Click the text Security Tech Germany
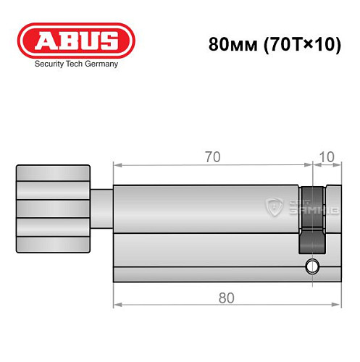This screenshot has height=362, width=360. [x=76, y=64]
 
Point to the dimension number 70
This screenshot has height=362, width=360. [x=211, y=156]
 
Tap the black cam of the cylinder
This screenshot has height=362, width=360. [x=311, y=217]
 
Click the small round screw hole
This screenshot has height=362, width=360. [x=312, y=266]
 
